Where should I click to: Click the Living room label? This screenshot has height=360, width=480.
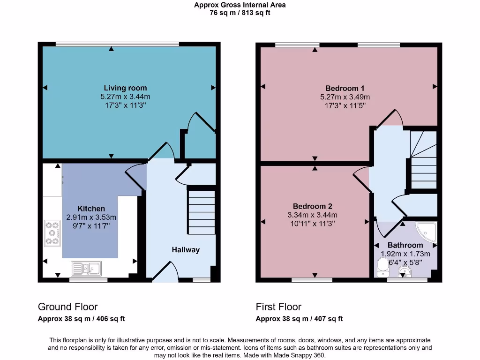[125, 88]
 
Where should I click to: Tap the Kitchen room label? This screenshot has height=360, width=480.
[91, 209]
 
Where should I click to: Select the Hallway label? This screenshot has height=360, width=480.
[185, 250]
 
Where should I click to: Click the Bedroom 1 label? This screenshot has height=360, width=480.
[345, 89]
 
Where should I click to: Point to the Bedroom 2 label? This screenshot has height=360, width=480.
[312, 207]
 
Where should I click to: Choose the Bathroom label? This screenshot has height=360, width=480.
[405, 245]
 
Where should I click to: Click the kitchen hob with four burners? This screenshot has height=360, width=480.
[52, 233]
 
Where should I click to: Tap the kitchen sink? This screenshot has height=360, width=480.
[86, 269]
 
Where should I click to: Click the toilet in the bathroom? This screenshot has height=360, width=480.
[383, 267]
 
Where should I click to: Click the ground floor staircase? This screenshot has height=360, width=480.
[201, 212]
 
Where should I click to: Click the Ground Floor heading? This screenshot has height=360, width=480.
[67, 307]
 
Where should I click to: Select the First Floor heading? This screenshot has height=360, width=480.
[278, 307]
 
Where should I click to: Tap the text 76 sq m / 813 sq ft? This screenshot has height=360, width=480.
[240, 13]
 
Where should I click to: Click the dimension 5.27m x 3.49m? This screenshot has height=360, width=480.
[345, 97]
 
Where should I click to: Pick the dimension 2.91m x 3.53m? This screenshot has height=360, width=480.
[91, 217]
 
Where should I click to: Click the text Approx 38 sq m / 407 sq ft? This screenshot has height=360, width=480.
[299, 319]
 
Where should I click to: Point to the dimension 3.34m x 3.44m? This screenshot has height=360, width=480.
[312, 215]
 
